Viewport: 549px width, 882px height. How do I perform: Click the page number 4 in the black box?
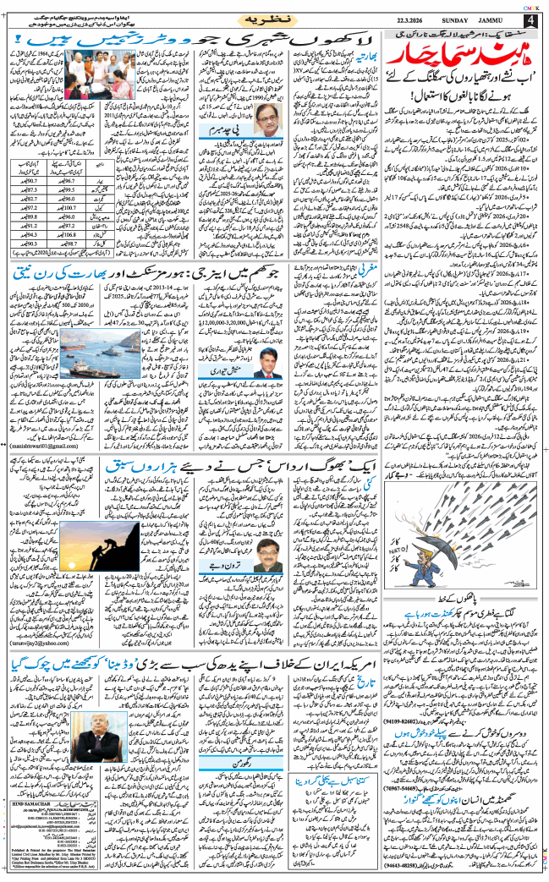coord(530,19)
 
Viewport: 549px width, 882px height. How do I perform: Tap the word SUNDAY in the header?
coord(452,19)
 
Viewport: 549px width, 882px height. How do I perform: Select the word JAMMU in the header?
coord(496,19)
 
